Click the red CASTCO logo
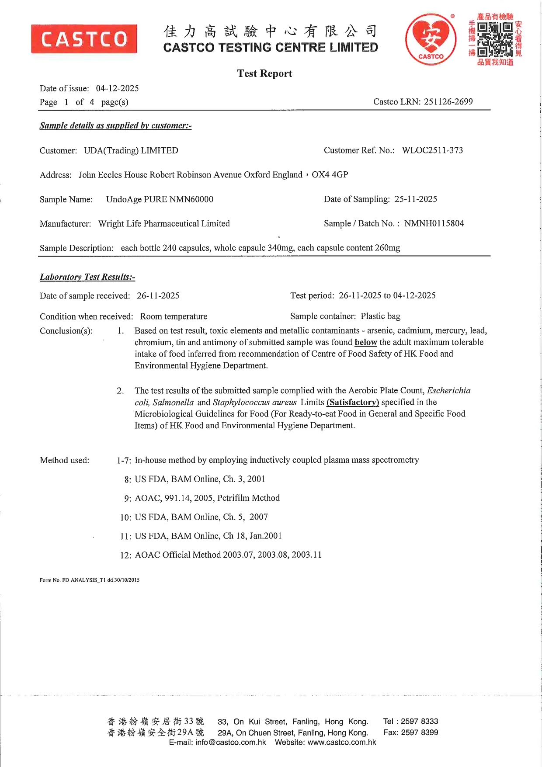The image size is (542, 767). click(84, 39)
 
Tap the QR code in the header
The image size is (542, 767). click(495, 39)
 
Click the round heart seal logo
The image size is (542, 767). click(431, 39)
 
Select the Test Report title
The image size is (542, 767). click(264, 73)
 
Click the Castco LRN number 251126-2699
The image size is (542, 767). click(448, 102)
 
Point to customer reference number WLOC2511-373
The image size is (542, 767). click(432, 150)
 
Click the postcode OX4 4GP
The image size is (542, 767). click(330, 175)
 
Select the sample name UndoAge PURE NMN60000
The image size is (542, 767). click(160, 199)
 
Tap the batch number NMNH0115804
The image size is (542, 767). click(434, 223)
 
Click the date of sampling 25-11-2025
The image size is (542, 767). click(416, 199)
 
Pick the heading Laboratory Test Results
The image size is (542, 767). click(87, 277)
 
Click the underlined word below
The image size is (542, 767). click(366, 342)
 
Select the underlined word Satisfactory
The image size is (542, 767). click(353, 402)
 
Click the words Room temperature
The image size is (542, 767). click(174, 316)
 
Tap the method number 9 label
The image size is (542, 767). click(128, 498)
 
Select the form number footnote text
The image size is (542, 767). click(90, 580)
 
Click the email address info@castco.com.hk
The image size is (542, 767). click(231, 743)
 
